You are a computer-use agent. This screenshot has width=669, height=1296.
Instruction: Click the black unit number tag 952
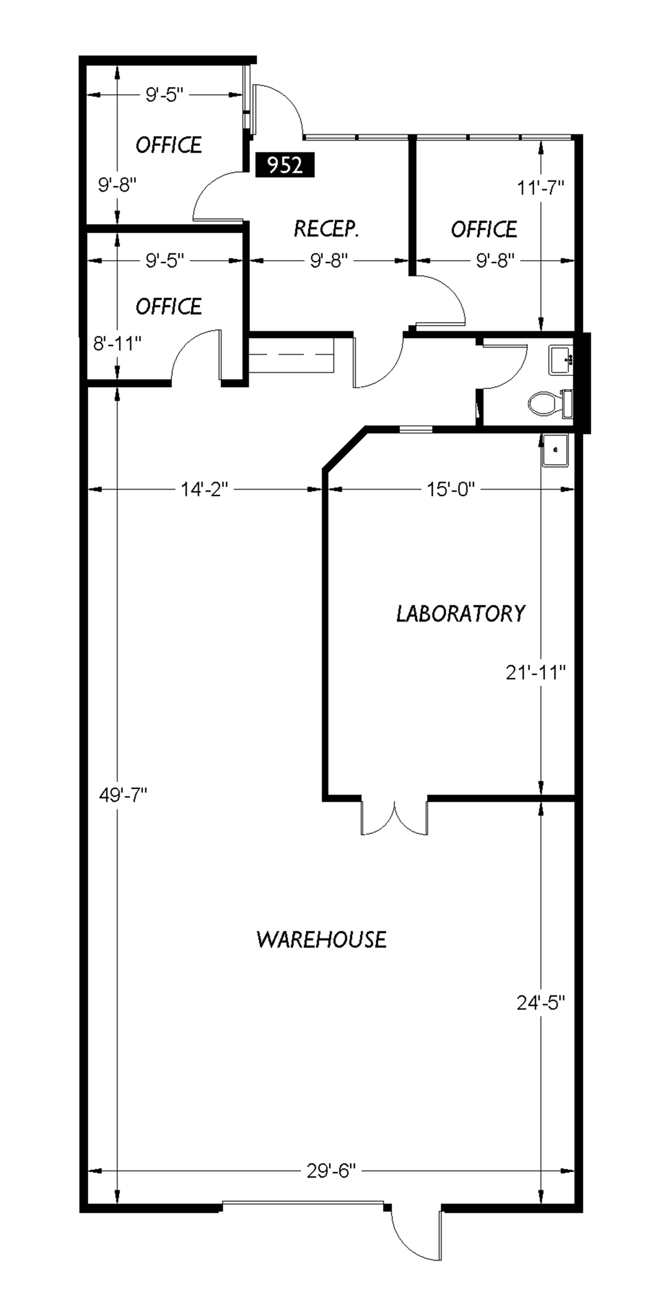coord(285,165)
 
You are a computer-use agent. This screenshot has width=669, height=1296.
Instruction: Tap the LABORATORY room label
coord(461,613)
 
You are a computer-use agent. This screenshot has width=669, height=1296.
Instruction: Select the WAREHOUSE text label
coord(322,939)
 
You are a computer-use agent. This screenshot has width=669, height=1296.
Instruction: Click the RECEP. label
coord(327,228)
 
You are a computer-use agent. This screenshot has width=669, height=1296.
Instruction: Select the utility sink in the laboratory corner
coord(556,450)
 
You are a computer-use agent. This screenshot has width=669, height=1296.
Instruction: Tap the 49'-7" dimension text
coord(123,794)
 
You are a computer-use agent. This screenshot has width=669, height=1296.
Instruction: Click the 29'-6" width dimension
coord(332,1171)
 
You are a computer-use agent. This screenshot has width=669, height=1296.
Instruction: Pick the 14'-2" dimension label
coord(204,489)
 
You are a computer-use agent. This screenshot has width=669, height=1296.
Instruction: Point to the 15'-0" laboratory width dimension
coord(450,489)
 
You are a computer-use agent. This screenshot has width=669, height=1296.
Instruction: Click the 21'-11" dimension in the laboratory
coord(535,672)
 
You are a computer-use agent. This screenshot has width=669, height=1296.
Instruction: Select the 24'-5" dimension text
coord(541,1002)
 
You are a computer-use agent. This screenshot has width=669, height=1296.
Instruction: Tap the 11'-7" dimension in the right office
coord(541,188)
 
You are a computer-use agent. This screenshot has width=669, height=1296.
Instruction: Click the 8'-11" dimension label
coord(118,343)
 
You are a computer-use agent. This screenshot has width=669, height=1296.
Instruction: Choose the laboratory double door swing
coord(394,819)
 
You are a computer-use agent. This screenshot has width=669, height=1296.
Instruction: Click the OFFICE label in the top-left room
coord(168,145)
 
